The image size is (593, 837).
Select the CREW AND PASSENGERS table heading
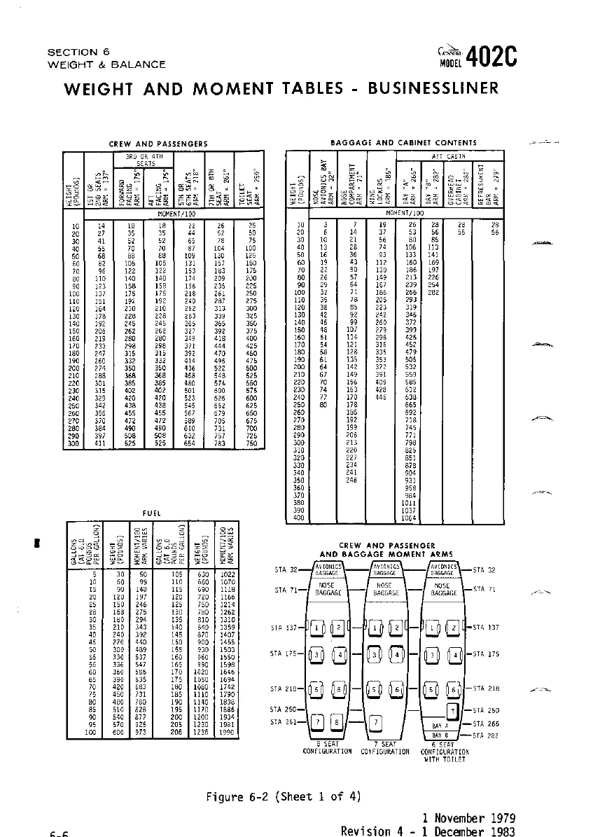click(158, 144)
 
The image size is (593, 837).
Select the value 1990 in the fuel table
click(225, 732)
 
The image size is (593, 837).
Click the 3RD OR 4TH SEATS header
click(146, 158)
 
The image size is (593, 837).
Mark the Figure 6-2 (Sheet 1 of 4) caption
click(283, 797)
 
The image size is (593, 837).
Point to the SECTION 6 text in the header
click(78, 52)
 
